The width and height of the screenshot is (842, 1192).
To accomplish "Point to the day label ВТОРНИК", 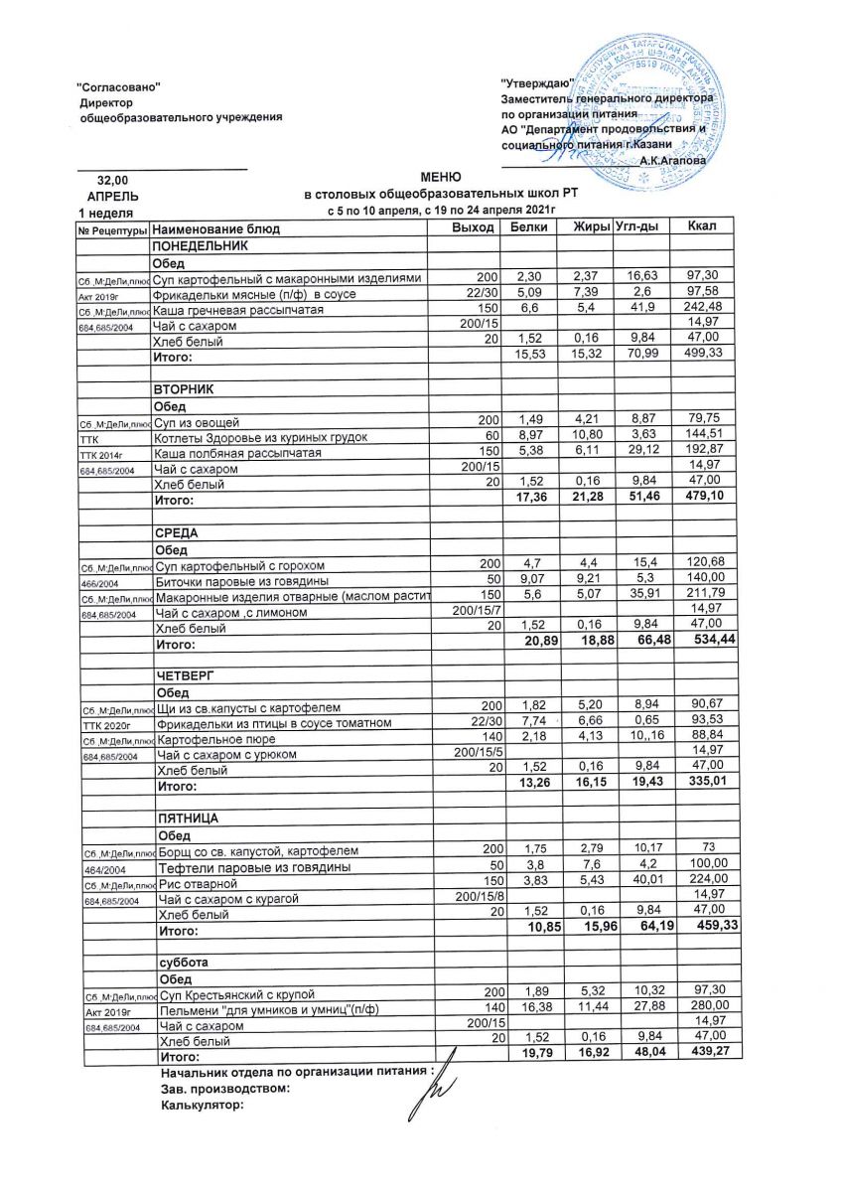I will tap(181, 388).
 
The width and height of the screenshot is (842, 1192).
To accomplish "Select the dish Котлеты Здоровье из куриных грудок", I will tap(261, 437).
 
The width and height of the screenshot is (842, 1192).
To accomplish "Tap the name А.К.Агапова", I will tap(674, 159).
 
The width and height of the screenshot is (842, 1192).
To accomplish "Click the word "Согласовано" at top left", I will tap(119, 88).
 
